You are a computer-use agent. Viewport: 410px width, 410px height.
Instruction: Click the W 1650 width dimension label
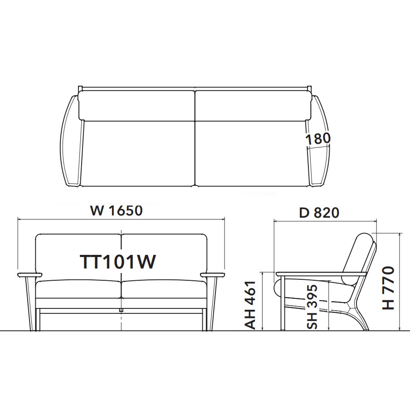click(x=117, y=211)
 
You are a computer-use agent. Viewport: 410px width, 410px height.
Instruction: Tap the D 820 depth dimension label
click(x=319, y=213)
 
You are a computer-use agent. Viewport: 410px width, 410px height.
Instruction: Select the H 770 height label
click(x=388, y=288)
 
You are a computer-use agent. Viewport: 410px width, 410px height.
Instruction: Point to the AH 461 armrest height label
click(x=250, y=305)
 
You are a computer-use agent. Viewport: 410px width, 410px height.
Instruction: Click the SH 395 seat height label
click(x=312, y=307)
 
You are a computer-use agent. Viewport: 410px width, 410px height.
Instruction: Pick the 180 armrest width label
click(x=318, y=139)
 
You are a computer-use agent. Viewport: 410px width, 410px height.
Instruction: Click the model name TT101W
click(x=117, y=262)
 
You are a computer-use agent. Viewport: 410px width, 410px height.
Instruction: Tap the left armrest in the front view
click(x=29, y=275)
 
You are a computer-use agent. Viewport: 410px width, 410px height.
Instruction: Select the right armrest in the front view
click(x=212, y=275)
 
